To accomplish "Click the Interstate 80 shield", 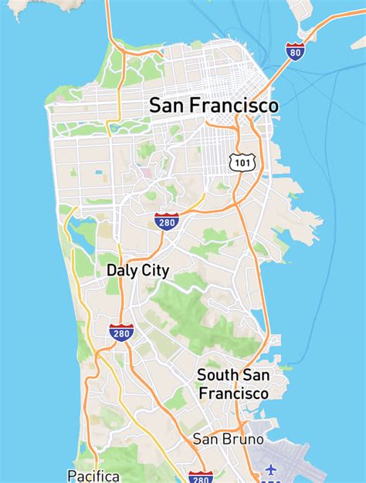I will click(295, 51).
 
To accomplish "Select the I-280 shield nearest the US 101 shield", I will click(167, 221).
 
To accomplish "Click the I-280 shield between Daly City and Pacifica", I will click(121, 333).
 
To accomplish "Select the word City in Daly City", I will click(154, 271).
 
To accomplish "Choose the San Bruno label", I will click(228, 439).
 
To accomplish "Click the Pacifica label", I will click(93, 475).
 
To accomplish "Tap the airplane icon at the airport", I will click(270, 469).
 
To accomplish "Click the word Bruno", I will click(244, 439).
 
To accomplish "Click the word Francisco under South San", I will click(233, 393).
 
